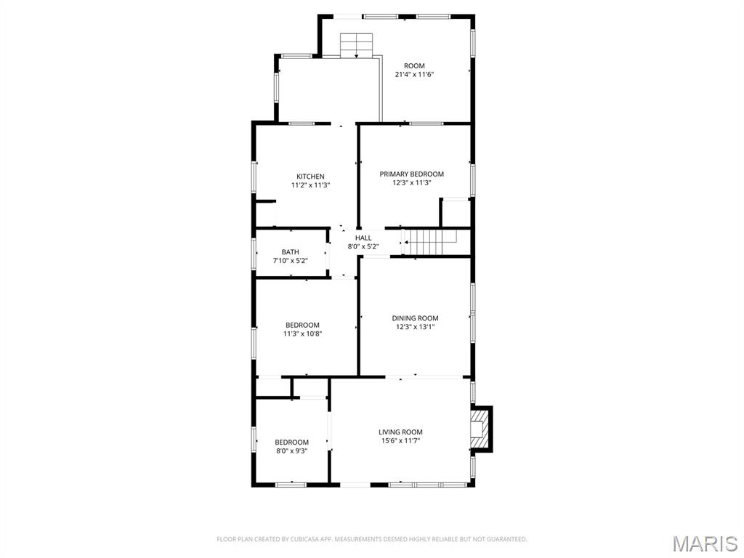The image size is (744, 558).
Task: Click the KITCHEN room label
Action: (x=310, y=177)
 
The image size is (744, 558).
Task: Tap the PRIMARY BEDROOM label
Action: (x=411, y=174)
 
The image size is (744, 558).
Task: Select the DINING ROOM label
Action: (x=415, y=318)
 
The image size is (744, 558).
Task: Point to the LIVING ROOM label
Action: (x=400, y=432)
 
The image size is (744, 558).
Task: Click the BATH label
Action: (x=291, y=252)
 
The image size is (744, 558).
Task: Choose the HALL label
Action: (x=363, y=238)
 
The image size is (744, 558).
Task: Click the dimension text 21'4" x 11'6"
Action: (x=415, y=75)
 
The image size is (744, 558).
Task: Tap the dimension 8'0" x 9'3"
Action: (x=292, y=450)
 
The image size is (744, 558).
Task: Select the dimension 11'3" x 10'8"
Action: (x=303, y=333)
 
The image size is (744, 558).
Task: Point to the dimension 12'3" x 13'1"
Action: (x=415, y=327)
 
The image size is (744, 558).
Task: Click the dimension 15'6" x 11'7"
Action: (x=401, y=441)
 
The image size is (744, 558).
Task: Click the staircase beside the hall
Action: (x=429, y=242)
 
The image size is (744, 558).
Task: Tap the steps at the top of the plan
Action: (x=356, y=45)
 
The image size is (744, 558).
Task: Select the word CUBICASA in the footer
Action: (x=307, y=540)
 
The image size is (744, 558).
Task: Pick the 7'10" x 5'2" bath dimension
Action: (x=291, y=261)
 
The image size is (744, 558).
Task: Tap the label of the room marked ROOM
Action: (x=414, y=66)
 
